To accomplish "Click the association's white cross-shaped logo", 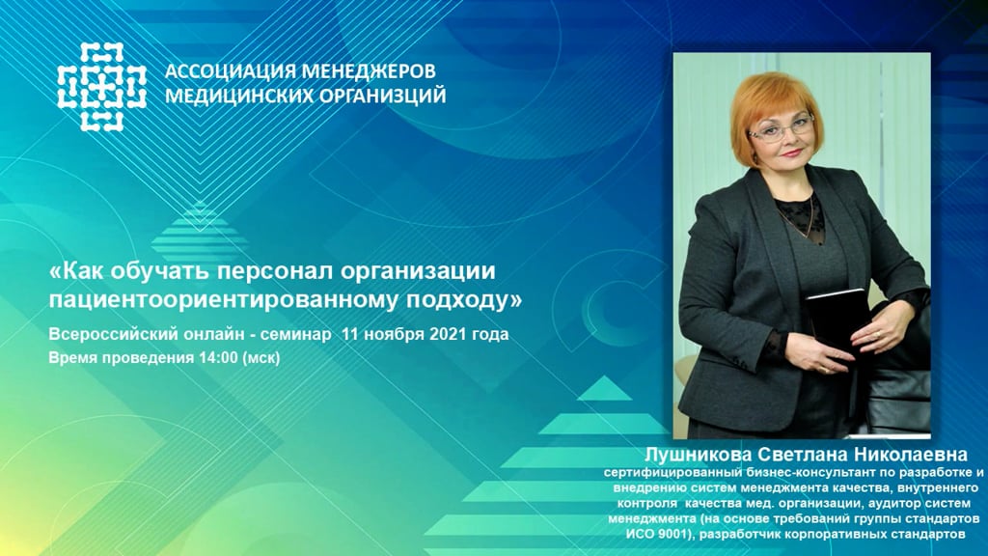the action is coord(101,87).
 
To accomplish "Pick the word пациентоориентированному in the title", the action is coord(223,300).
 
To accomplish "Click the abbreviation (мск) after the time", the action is coord(261,358).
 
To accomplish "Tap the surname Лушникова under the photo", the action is coord(698,455).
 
